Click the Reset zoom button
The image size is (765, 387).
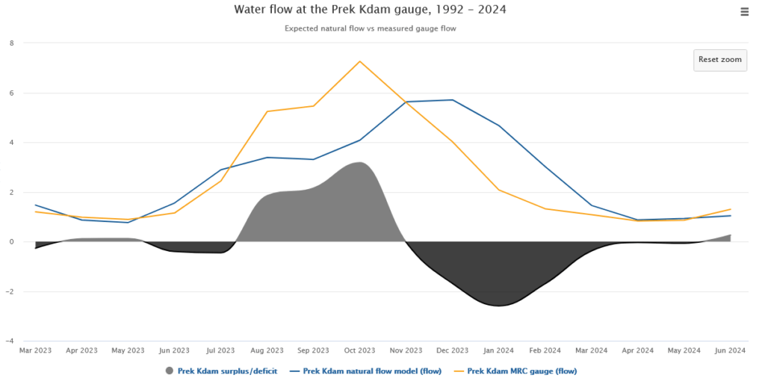[719, 60]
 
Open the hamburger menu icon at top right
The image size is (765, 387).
[744, 11]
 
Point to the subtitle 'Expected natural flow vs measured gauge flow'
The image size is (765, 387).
[370, 29]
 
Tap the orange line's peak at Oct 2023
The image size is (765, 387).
[359, 61]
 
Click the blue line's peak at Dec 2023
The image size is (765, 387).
[452, 100]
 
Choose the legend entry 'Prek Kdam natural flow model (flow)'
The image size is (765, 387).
[372, 371]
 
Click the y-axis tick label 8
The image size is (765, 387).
[11, 43]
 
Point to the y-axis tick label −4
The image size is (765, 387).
[9, 341]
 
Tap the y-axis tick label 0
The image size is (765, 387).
[11, 242]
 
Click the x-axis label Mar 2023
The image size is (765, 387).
[36, 350]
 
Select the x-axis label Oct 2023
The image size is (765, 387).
[359, 350]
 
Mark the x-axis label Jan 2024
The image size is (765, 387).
[498, 350]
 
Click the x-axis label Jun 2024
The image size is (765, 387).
[730, 350]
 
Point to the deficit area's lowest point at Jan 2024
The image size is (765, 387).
[498, 306]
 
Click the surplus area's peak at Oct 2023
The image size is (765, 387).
[359, 162]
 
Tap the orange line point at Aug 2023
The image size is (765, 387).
[267, 111]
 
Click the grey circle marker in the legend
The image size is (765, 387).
[169, 371]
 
